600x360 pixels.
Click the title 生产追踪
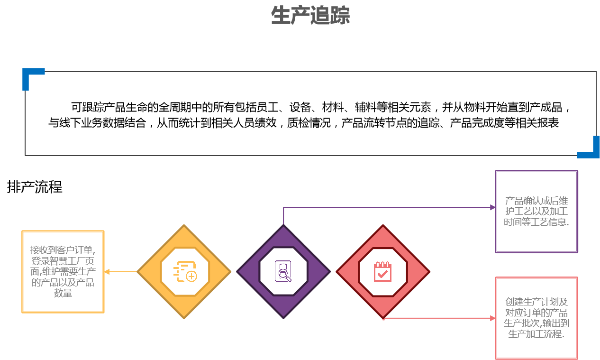[310, 16]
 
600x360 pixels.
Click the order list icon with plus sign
[185, 271]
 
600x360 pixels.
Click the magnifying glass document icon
[283, 271]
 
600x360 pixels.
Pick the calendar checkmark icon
[382, 271]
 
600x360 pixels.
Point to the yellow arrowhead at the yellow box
[107, 272]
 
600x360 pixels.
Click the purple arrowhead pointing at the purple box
[492, 207]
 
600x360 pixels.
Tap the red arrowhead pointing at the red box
[492, 318]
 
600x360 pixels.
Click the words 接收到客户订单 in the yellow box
[62, 250]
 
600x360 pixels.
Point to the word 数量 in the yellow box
[63, 294]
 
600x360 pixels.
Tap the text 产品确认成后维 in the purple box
[536, 201]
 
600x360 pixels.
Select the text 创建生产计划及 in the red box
[536, 302]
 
